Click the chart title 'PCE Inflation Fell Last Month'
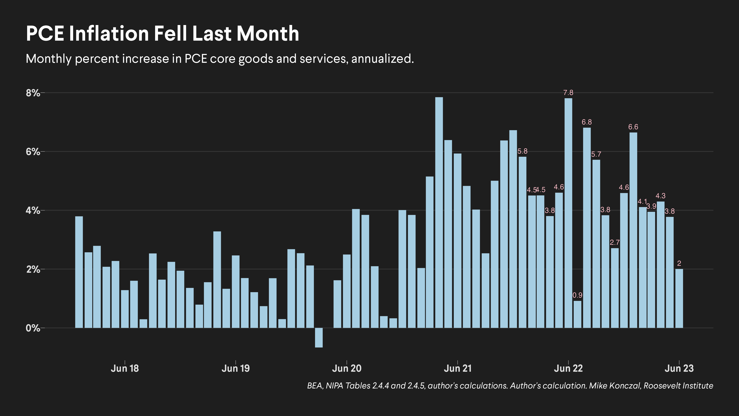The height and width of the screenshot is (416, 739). pyautogui.click(x=162, y=34)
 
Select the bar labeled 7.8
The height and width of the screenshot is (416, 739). pyautogui.click(x=568, y=212)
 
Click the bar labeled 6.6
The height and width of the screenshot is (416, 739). pyautogui.click(x=633, y=230)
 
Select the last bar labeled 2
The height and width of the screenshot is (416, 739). pyautogui.click(x=679, y=298)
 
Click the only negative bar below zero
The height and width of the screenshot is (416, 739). pyautogui.click(x=319, y=338)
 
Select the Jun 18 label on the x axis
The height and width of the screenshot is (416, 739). pyautogui.click(x=125, y=368)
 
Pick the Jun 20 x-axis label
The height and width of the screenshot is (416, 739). pyautogui.click(x=347, y=368)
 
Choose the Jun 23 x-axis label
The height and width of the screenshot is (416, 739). pyautogui.click(x=679, y=368)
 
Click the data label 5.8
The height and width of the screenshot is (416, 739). pyautogui.click(x=522, y=151)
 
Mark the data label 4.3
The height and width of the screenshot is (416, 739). pyautogui.click(x=660, y=196)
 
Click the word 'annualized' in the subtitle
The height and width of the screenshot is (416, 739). pyautogui.click(x=382, y=59)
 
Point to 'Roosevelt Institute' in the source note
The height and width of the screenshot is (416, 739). pyautogui.click(x=678, y=386)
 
